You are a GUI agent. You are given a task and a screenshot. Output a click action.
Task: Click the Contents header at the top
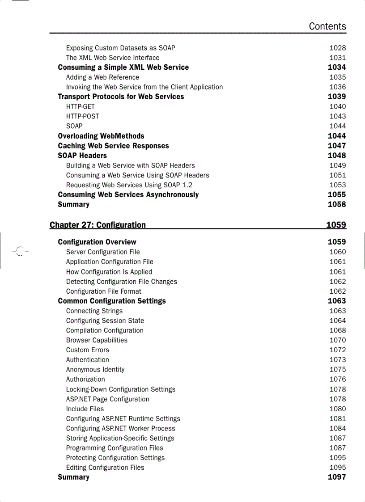[x=327, y=26]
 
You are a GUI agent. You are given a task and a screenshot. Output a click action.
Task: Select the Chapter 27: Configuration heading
[x=98, y=225]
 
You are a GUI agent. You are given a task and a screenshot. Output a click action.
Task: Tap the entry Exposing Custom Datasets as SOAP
[x=120, y=48]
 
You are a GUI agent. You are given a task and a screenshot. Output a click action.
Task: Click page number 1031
[x=337, y=58]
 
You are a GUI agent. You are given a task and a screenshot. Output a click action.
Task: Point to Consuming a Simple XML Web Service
[x=123, y=67]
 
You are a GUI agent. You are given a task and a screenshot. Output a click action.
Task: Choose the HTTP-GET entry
[x=81, y=106]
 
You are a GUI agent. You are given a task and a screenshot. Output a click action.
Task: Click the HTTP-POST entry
[x=82, y=116]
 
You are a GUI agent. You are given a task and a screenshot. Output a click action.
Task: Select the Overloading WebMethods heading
[x=101, y=136]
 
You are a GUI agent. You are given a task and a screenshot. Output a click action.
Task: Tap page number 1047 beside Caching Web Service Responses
[x=336, y=146]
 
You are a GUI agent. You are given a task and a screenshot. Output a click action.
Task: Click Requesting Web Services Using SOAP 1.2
[x=129, y=185]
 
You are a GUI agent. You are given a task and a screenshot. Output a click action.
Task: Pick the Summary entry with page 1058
[x=73, y=204]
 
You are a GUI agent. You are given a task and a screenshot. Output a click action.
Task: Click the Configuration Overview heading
[x=97, y=242]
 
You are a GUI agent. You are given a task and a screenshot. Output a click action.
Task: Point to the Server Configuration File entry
[x=103, y=252]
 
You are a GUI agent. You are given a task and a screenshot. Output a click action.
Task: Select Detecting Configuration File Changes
[x=121, y=282]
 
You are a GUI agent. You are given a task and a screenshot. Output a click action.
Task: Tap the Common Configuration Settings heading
[x=112, y=301]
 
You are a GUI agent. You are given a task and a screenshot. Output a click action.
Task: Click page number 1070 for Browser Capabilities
[x=337, y=340]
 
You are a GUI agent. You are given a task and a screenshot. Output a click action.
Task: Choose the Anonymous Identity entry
[x=95, y=370]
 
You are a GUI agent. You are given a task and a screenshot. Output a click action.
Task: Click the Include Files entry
[x=85, y=409]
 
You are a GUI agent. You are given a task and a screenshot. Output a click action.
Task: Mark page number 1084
[x=337, y=428]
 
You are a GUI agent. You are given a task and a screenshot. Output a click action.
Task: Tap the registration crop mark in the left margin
[x=19, y=251]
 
